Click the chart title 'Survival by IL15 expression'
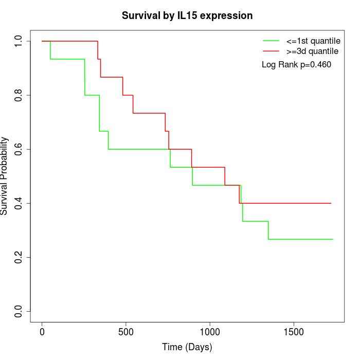coord(187,16)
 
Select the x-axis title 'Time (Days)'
coord(187,347)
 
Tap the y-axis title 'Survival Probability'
coord(5,176)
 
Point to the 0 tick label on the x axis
coord(42,331)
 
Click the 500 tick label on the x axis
coord(126,331)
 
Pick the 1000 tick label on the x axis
coord(210,331)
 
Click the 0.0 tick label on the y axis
coord(19,311)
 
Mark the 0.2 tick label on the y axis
coord(19,257)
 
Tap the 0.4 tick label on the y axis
coord(19,203)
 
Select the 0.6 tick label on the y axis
coord(19,149)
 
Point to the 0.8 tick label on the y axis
coord(19,95)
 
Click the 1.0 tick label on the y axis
coord(19,41)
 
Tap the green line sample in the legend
coord(272,41)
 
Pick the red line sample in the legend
coord(272,51)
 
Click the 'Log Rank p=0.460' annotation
coord(297,65)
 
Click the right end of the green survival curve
coord(333,239)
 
